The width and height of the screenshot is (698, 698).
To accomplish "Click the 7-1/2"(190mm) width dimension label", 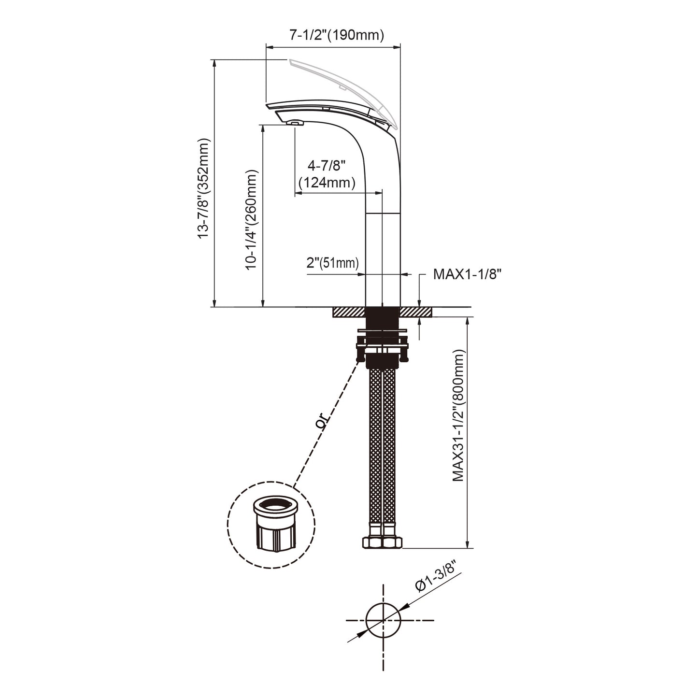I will tap(337, 35).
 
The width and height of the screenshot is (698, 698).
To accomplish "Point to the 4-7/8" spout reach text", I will tap(327, 166).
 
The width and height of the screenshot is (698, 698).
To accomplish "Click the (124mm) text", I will tap(327, 183).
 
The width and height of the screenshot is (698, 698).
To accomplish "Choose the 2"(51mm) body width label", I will tap(333, 263).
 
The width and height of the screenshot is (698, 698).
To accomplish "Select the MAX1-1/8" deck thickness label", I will tap(467, 274).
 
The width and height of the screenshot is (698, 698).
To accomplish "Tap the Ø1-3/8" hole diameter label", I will tap(435, 578).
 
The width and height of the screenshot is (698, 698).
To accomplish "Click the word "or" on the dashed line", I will tap(321, 422).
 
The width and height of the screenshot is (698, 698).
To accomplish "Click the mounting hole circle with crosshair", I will tap(384, 620).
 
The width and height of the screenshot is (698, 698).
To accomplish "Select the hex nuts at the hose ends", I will tap(382, 542).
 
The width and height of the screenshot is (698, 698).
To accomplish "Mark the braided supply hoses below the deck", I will tap(382, 449).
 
